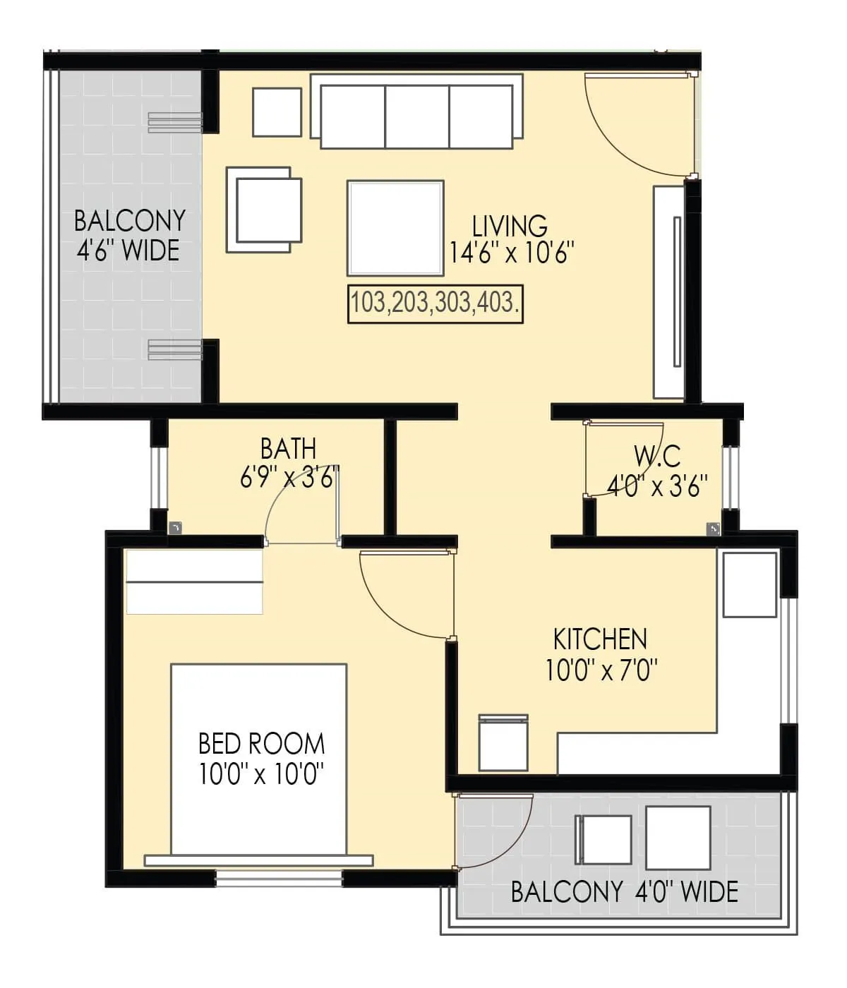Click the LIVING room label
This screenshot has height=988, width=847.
pyautogui.click(x=510, y=226)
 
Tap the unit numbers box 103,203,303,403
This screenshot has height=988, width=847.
pyautogui.click(x=435, y=304)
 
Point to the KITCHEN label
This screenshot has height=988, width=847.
pyautogui.click(x=601, y=639)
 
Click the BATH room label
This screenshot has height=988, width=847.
pyautogui.click(x=288, y=448)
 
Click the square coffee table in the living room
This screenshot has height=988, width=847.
pyautogui.click(x=395, y=228)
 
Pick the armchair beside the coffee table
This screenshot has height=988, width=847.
pyautogui.click(x=264, y=210)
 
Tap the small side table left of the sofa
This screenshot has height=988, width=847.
pyautogui.click(x=277, y=112)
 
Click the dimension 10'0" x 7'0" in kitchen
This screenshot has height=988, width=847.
pyautogui.click(x=601, y=669)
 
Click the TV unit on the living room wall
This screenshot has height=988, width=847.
pyautogui.click(x=669, y=292)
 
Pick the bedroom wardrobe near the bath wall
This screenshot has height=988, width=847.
pyautogui.click(x=195, y=582)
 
